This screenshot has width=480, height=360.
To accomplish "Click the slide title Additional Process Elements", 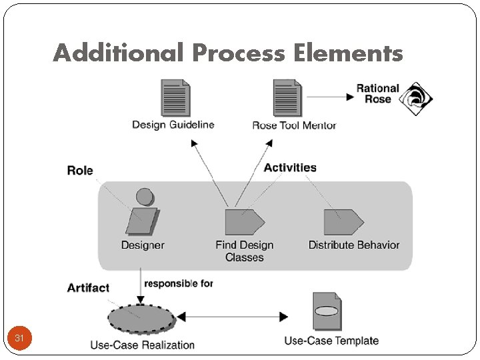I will pyautogui.click(x=228, y=53).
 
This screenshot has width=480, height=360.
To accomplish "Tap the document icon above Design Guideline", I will pyautogui.click(x=175, y=98).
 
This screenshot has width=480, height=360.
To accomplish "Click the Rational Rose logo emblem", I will pyautogui.click(x=416, y=99).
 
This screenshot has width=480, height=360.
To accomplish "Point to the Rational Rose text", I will pyautogui.click(x=377, y=93).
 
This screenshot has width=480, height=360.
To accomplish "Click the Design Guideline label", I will pyautogui.click(x=173, y=125).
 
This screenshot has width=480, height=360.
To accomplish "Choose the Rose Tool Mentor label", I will pyautogui.click(x=294, y=125).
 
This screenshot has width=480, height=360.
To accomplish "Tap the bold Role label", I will pyautogui.click(x=80, y=171).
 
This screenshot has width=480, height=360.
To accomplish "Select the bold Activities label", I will pyautogui.click(x=290, y=168).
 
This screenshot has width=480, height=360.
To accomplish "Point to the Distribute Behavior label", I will pyautogui.click(x=354, y=245).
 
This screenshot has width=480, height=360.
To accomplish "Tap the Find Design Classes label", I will pyautogui.click(x=245, y=251).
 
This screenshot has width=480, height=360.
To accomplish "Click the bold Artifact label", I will pyautogui.click(x=88, y=288).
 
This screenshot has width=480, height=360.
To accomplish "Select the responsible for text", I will pyautogui.click(x=179, y=283).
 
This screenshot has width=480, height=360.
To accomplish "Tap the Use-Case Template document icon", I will pyautogui.click(x=327, y=311).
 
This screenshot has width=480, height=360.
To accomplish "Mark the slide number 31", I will pyautogui.click(x=19, y=339).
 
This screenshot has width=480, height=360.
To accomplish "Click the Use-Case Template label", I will pyautogui.click(x=331, y=341).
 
